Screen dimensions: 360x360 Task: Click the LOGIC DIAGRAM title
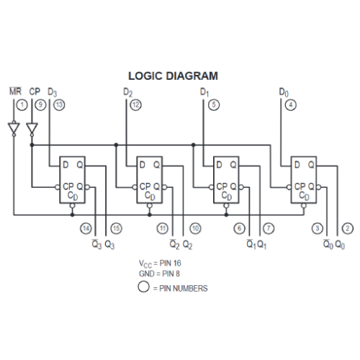[173, 75]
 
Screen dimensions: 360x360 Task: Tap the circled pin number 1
[22, 105]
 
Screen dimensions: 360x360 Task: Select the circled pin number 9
[41, 105]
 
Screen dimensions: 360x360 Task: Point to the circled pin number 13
[59, 105]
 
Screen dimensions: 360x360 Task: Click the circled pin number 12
[135, 105]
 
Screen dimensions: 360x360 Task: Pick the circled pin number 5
[213, 105]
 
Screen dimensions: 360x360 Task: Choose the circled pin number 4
[290, 105]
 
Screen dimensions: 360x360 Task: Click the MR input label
[14, 92]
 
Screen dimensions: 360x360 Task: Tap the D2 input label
[128, 92]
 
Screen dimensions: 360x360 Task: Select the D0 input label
[283, 92]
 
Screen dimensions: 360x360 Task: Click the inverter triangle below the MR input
[13, 130]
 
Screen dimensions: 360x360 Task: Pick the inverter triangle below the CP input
[32, 130]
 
